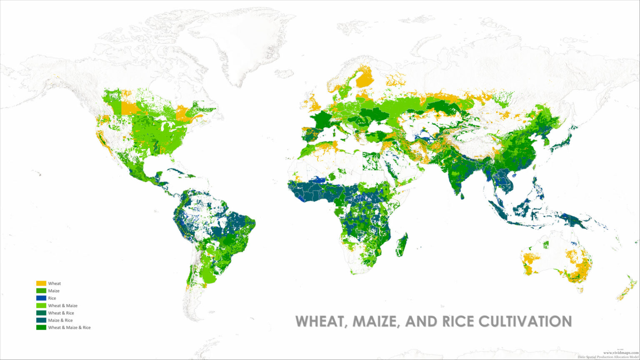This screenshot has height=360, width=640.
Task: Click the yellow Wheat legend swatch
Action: [x=41, y=283]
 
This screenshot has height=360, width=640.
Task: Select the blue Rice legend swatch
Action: [x=41, y=298]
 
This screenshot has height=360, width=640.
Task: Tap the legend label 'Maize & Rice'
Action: [x=60, y=320]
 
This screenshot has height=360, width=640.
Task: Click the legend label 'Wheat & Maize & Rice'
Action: [x=69, y=327]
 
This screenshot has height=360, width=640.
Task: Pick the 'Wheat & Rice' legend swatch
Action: [x=41, y=313]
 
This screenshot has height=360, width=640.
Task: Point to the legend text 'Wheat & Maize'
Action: [x=62, y=306]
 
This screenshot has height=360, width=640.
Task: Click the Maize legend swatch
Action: [x=41, y=291]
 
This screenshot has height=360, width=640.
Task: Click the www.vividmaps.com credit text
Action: [x=621, y=352]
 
